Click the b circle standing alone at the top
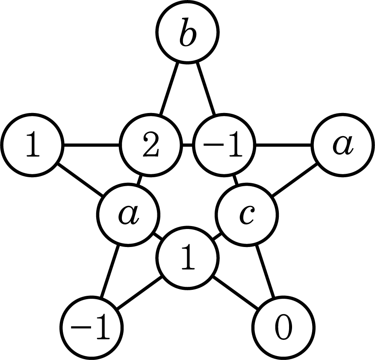coord(187,32)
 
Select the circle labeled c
coord(247,214)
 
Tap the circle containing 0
coord(283,328)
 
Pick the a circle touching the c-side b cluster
coord(128,214)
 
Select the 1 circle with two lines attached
coord(187,258)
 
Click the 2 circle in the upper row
coord(151,145)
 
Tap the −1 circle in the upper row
coord(224,145)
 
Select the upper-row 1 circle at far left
coord(32,145)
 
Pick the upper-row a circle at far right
coord(343,145)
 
